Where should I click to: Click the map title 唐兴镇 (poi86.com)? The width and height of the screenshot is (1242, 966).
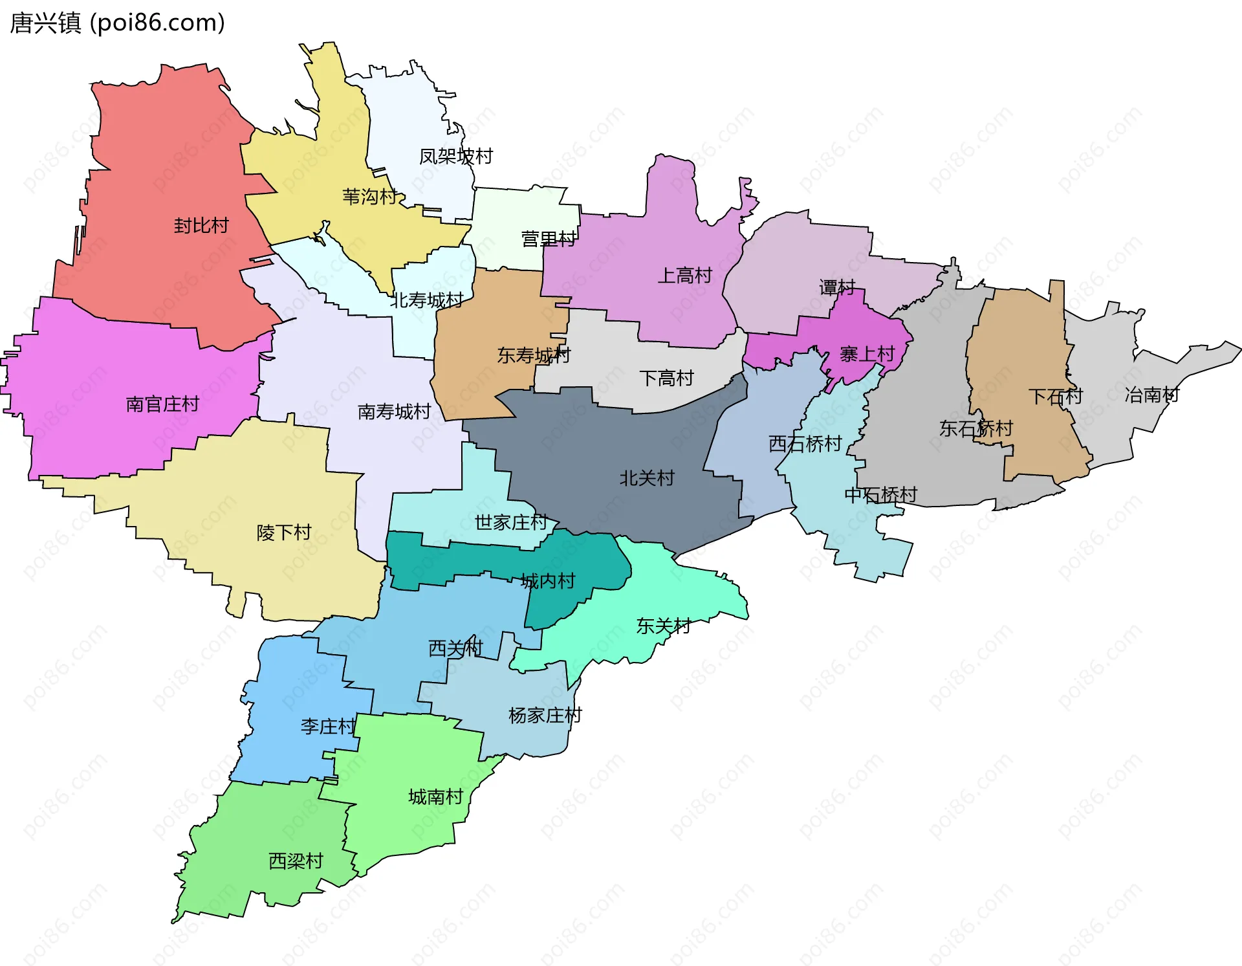(x=117, y=23)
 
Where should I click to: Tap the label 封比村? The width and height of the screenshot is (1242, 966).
(x=201, y=226)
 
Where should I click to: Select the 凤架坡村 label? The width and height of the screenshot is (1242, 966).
(x=455, y=157)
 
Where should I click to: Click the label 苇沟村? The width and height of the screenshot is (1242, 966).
(x=369, y=197)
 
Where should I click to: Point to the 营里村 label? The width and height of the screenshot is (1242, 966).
(x=549, y=239)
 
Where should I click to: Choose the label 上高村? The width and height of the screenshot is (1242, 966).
(x=684, y=276)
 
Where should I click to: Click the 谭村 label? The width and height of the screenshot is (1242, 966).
(x=837, y=287)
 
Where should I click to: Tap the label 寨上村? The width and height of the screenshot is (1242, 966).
(x=867, y=355)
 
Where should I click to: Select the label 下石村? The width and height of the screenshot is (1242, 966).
(x=1055, y=397)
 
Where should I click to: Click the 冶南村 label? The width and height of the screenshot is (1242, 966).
(x=1151, y=395)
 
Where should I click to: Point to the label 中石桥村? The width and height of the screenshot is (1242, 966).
(x=880, y=495)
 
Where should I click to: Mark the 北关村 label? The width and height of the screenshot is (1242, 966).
(x=647, y=478)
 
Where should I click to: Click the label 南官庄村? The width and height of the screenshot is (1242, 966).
(x=162, y=404)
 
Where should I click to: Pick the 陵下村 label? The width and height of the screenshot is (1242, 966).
(x=284, y=532)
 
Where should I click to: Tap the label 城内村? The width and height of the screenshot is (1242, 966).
(x=547, y=581)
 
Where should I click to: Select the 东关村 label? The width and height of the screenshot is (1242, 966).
(x=663, y=626)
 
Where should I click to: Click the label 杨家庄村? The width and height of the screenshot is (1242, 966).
(x=545, y=716)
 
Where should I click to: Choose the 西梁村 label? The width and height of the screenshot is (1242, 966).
(x=296, y=861)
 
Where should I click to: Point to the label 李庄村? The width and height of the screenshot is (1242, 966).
(x=328, y=727)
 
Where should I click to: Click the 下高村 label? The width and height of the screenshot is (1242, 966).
(x=666, y=378)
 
